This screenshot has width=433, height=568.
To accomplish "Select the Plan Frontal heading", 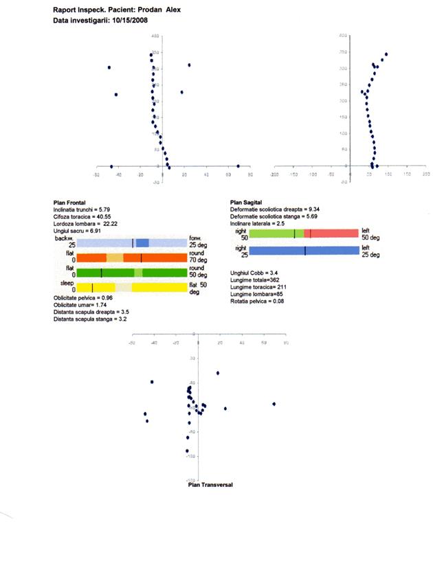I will pos(69,202).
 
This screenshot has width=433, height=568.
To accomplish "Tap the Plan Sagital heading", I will pos(245,202).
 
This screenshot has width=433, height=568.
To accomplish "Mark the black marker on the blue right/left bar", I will pos(305,251).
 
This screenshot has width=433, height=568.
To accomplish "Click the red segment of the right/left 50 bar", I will pos(333,234).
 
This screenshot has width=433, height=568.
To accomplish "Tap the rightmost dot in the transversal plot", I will pos(274,404).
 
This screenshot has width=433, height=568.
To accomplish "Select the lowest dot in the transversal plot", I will pos(187,451).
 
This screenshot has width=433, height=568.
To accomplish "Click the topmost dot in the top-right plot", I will pos(386,54).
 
